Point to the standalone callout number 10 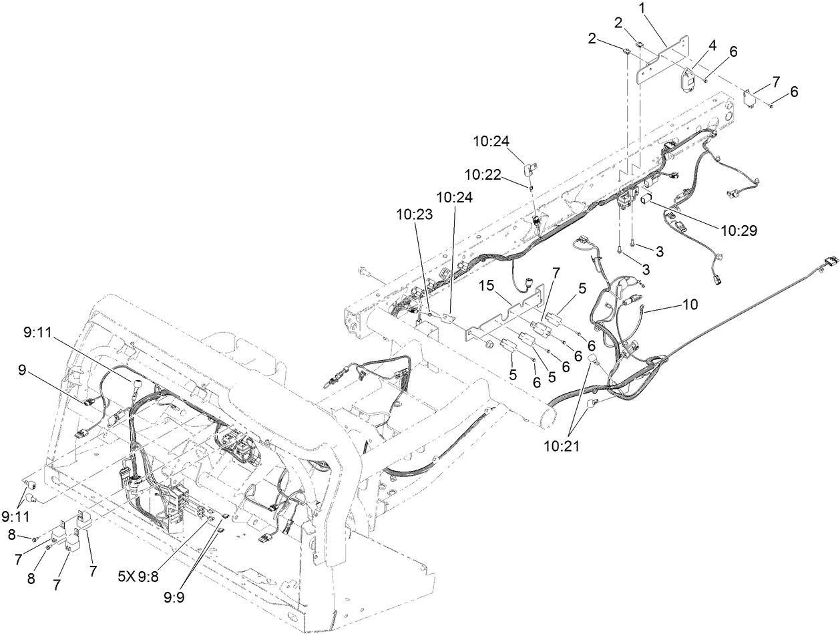[690, 305]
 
